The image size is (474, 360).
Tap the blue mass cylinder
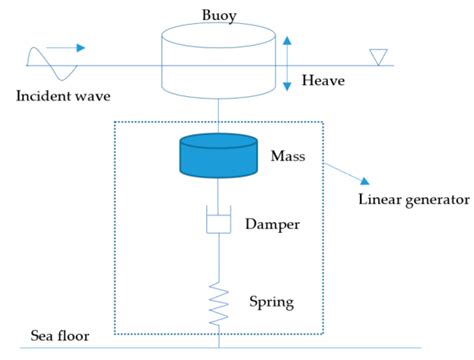[x=217, y=156]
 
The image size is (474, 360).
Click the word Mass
[x=290, y=157]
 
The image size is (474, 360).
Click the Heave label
[x=323, y=79]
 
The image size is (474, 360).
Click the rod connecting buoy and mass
[x=218, y=112]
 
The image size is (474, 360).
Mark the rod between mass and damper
[x=218, y=191]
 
